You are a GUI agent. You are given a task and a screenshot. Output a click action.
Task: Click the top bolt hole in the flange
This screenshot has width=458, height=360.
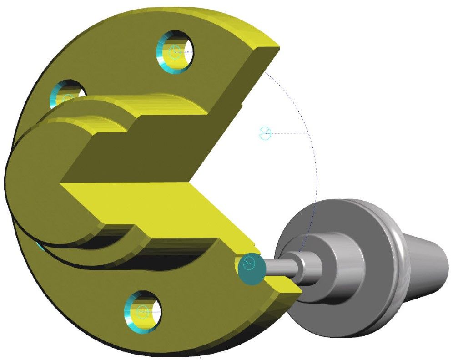176,51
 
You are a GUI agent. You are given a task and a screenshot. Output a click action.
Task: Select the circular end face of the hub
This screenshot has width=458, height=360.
36,182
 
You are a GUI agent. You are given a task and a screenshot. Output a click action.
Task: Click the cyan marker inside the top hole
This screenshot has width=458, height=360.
174,52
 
